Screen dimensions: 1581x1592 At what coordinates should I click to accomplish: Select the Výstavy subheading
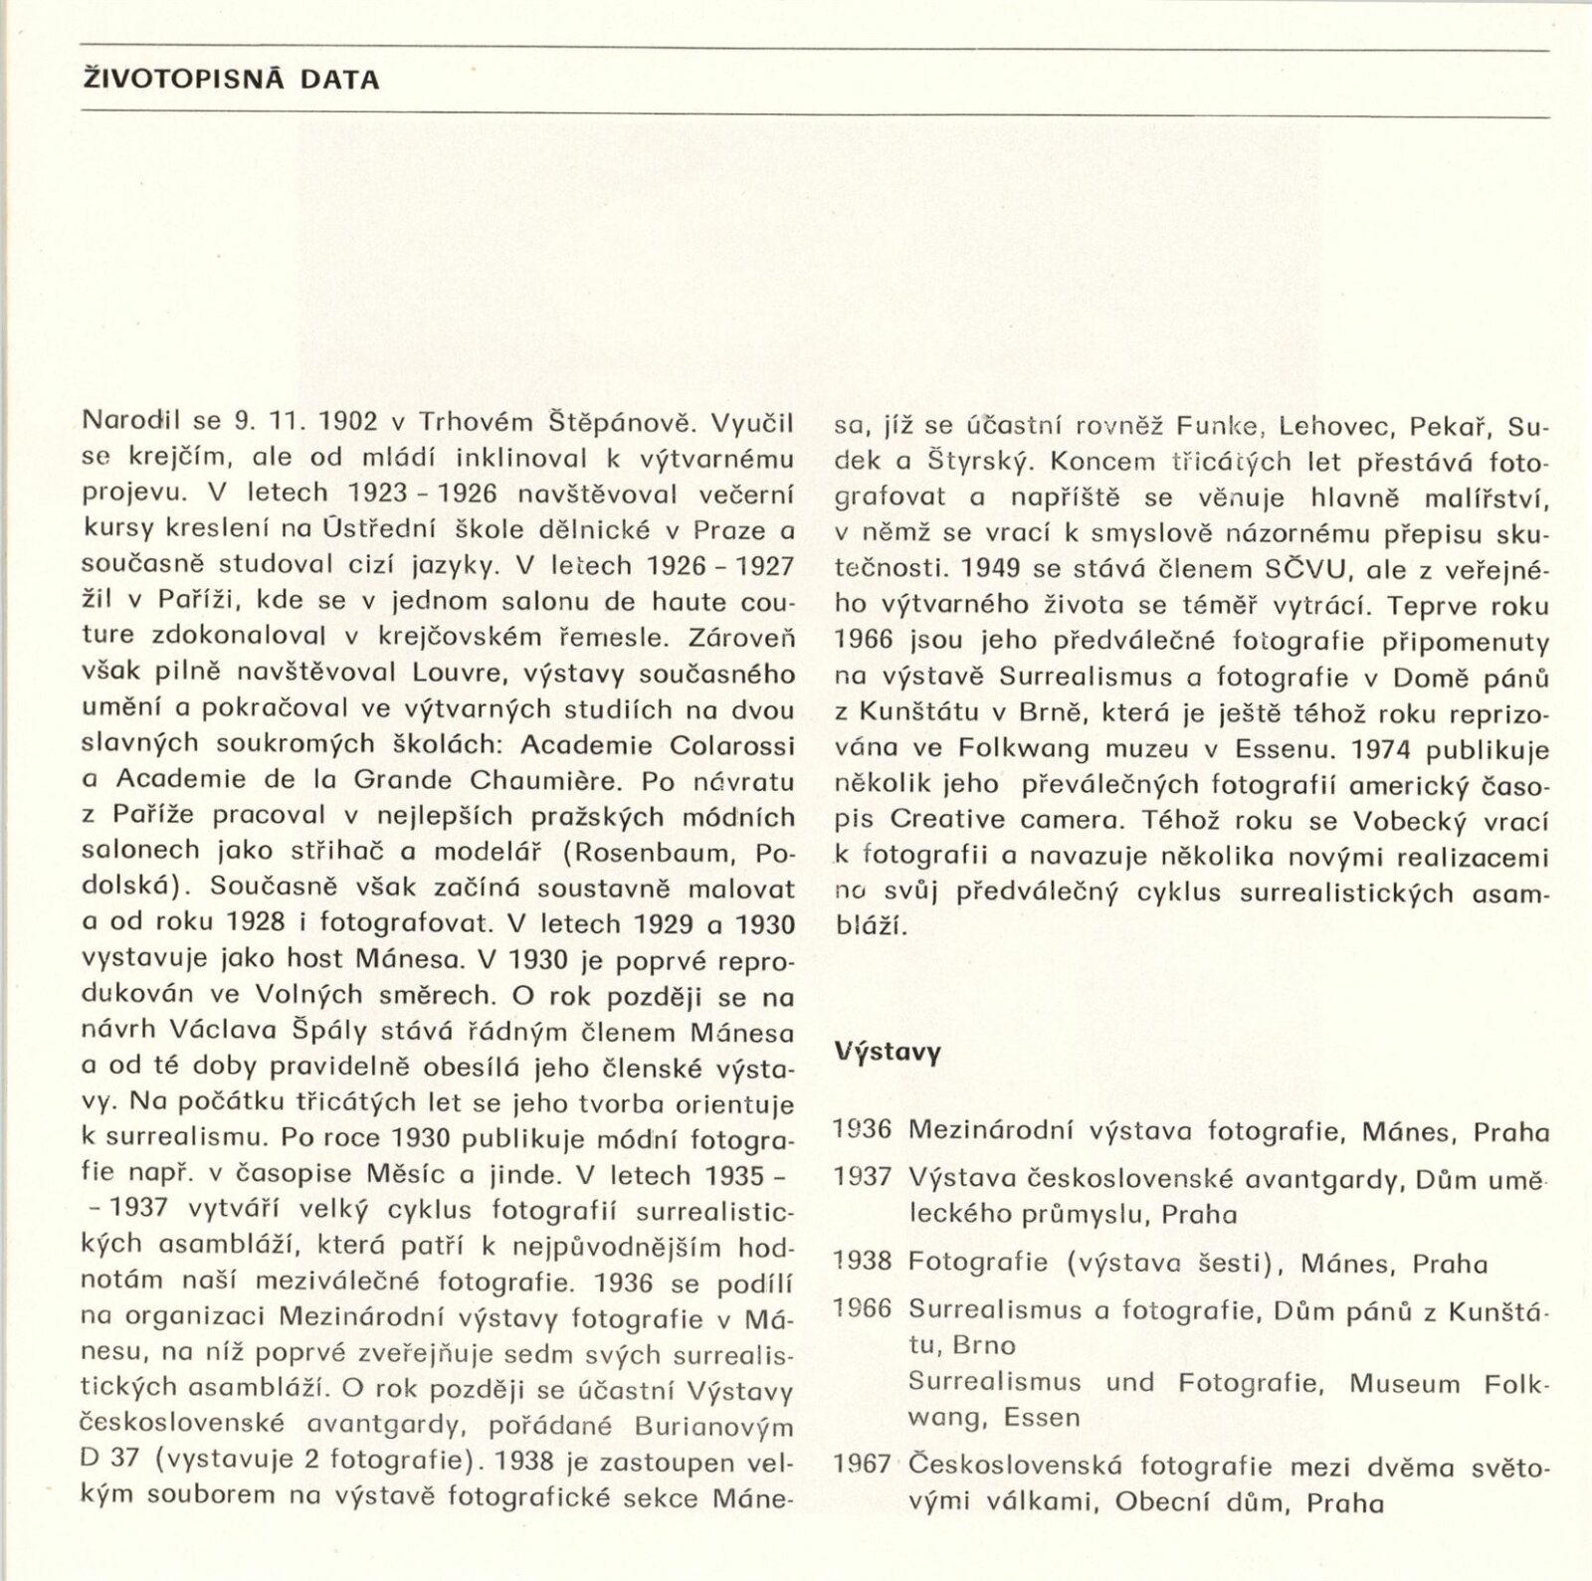(x=888, y=1052)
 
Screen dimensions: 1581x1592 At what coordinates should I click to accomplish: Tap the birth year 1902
(x=348, y=422)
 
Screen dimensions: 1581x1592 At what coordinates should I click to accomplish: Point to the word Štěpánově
(x=620, y=422)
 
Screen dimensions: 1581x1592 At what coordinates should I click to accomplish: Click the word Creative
(x=948, y=820)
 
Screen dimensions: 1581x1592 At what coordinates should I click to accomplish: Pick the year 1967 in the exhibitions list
(x=863, y=1465)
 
